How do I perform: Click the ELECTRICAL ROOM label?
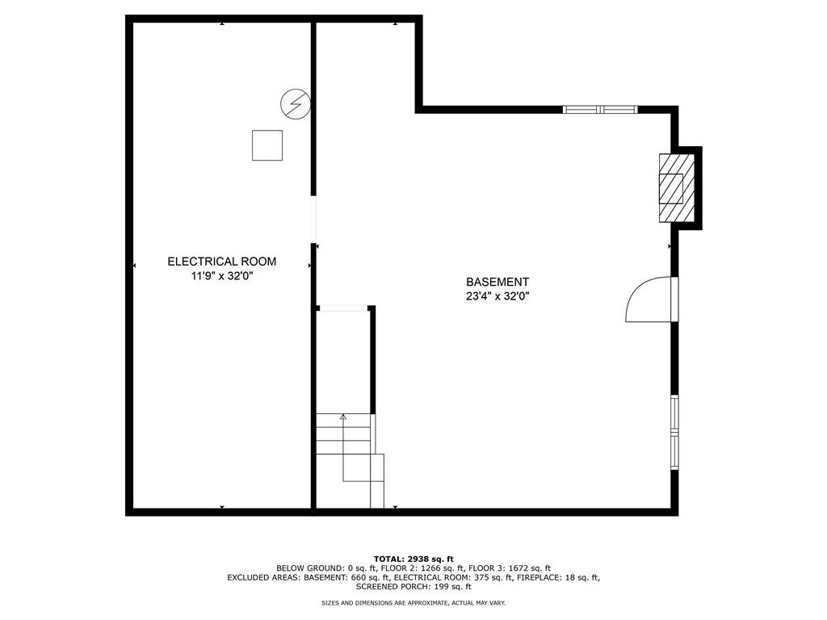(x=221, y=262)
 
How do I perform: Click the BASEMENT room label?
(x=497, y=282)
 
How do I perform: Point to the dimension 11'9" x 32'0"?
(x=221, y=276)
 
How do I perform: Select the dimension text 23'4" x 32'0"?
(x=497, y=296)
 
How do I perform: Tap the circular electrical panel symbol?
(x=295, y=103)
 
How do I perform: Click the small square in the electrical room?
(x=267, y=145)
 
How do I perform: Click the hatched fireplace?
(x=672, y=187)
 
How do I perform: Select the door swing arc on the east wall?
(x=648, y=300)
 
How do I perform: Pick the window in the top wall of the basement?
(x=600, y=109)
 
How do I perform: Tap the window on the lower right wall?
(x=674, y=432)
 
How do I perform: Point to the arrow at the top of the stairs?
(x=343, y=417)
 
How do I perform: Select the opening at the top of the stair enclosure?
(x=343, y=308)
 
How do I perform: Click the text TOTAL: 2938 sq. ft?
(x=413, y=559)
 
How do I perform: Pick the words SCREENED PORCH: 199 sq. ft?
(x=413, y=587)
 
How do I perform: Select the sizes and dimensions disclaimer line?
(x=413, y=603)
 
